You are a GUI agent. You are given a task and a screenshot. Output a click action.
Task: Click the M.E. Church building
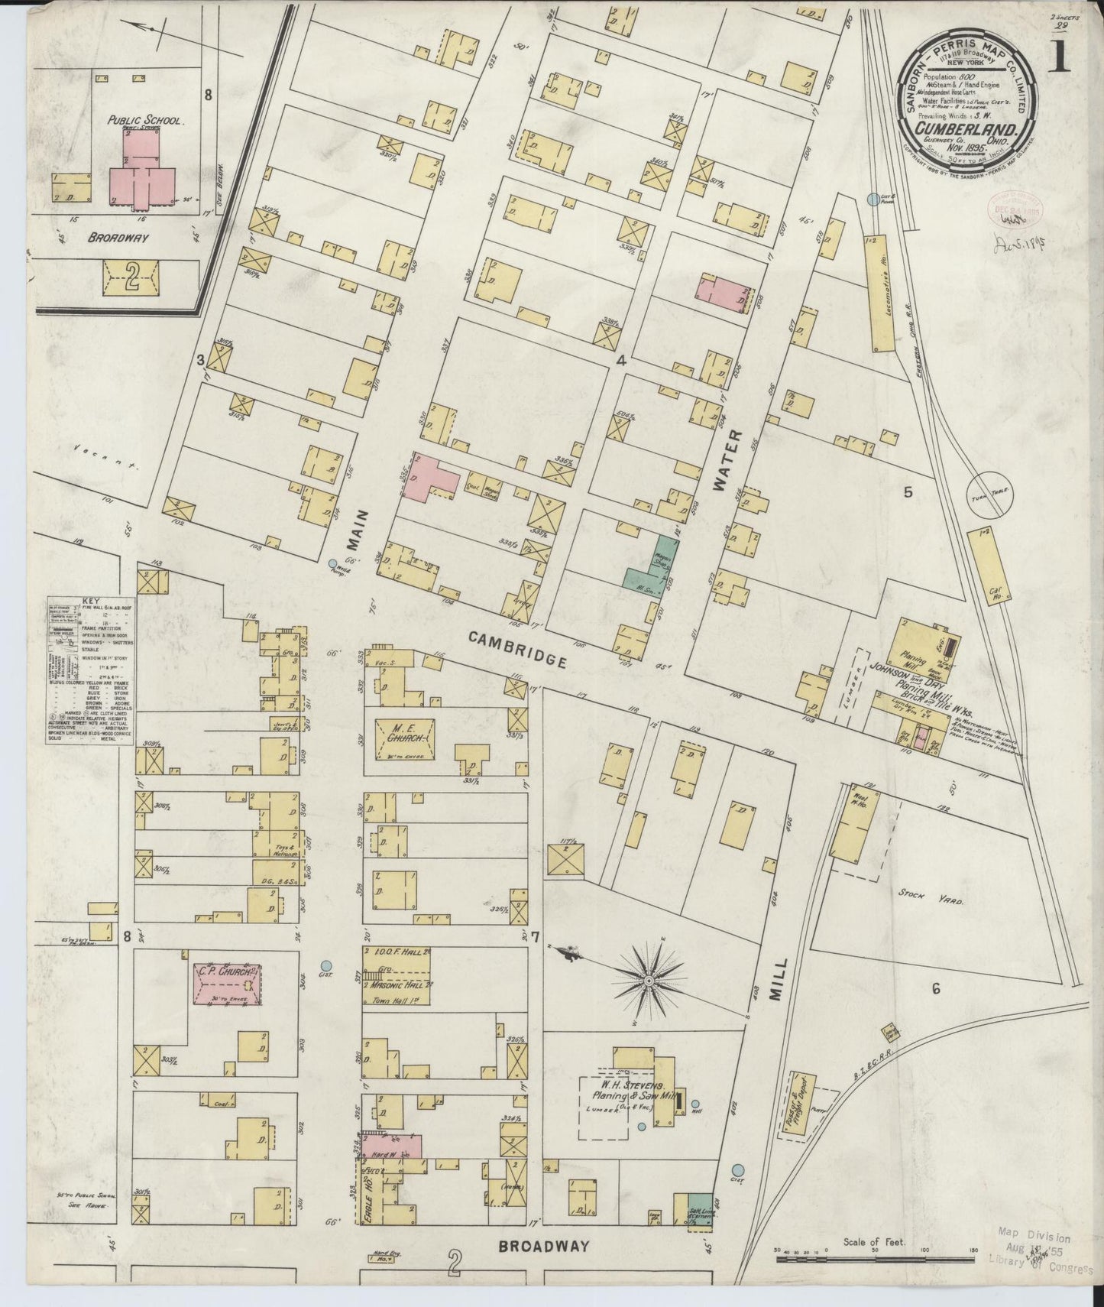tap(405, 738)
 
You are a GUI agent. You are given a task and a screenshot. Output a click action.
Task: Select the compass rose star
tap(649, 979)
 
